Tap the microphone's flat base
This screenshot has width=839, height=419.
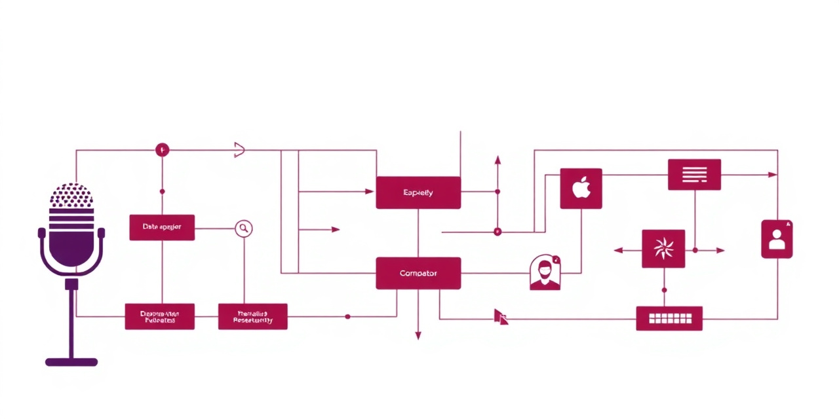coord(71,362)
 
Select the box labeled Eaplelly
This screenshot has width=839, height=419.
coord(418,192)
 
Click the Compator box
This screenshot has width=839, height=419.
coord(418,273)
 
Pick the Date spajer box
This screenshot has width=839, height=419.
coord(162,227)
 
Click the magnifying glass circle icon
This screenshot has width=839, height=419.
coord(244,228)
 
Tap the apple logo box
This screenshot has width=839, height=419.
coord(581,189)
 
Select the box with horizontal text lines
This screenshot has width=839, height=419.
coord(694,175)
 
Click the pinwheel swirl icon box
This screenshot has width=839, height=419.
coord(663,249)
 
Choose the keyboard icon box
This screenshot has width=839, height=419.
coord(669,318)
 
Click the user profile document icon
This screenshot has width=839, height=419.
coord(777,239)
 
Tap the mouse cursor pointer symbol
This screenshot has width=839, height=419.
coord(501,316)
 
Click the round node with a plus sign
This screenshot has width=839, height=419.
coord(162,150)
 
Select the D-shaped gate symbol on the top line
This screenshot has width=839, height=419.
coord(240,150)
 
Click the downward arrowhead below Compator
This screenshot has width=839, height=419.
coord(418,336)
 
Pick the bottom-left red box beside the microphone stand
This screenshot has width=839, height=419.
coord(160,316)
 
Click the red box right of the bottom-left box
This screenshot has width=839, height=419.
coord(252,316)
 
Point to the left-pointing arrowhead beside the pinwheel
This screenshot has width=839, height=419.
coord(617,250)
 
